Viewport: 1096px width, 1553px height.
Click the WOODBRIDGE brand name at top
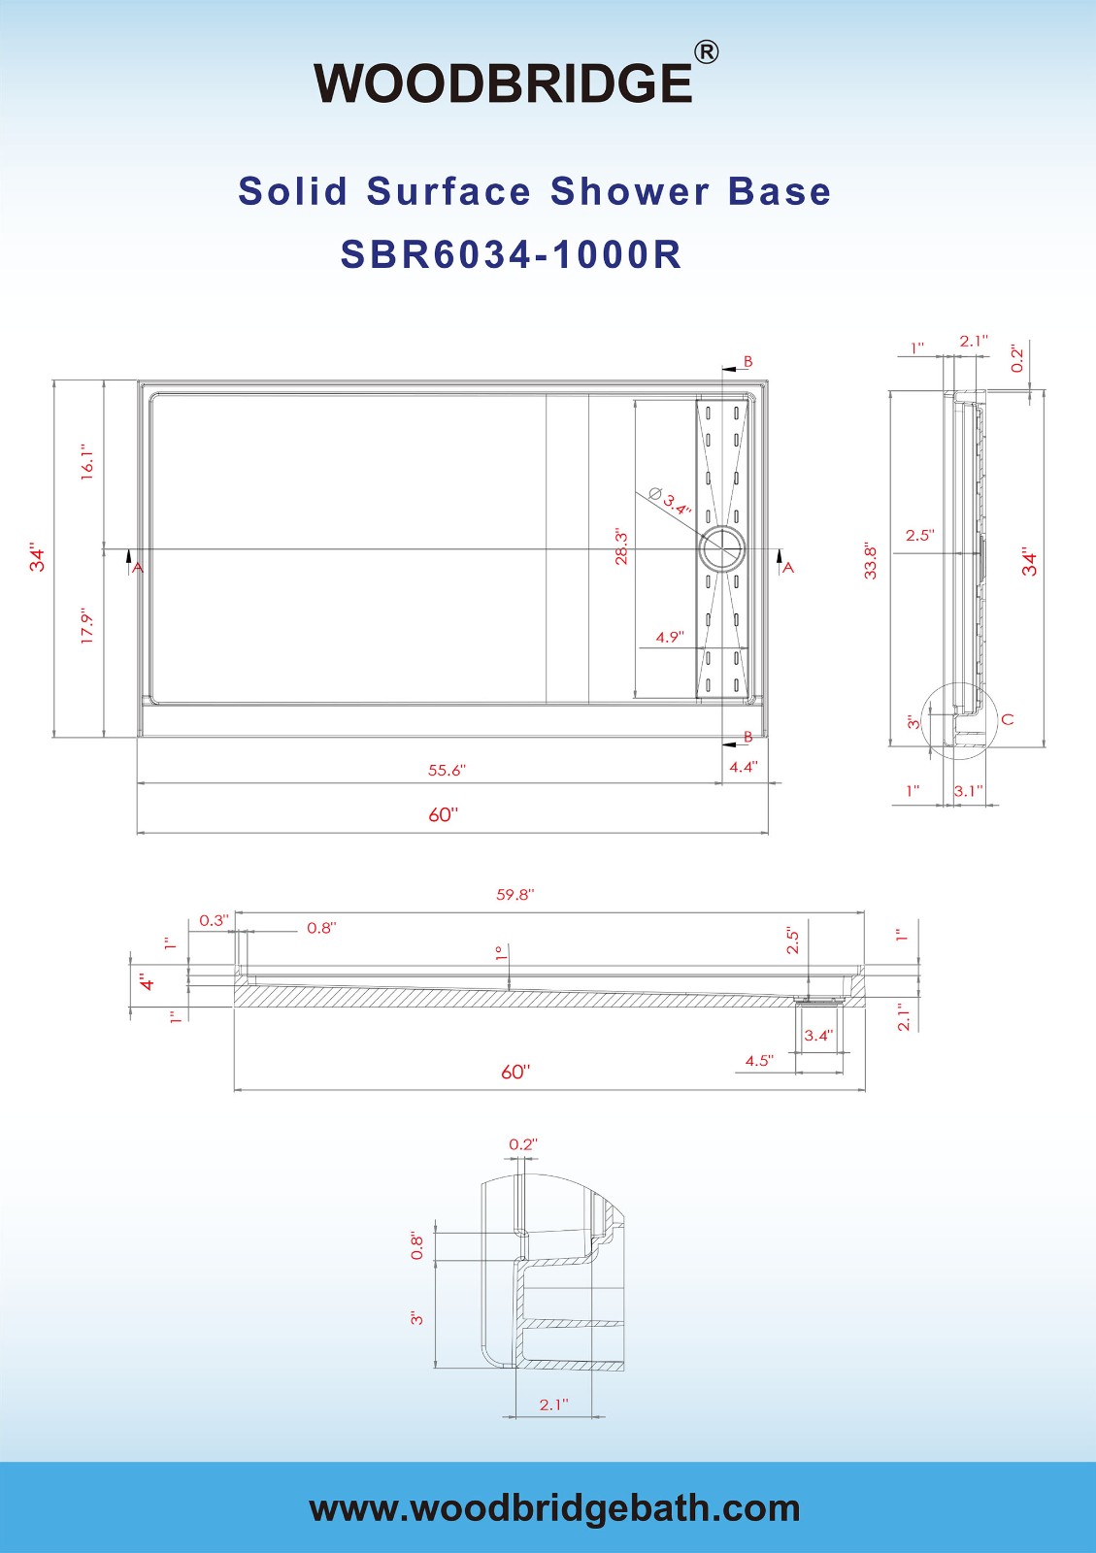tap(503, 83)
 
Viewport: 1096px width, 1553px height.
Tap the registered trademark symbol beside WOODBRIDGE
tap(707, 51)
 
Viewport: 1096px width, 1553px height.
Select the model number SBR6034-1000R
tap(511, 255)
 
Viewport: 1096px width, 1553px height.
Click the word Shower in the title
tap(629, 191)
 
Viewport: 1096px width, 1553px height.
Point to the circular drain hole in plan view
tap(722, 549)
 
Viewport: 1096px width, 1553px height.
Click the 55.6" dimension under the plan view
tap(447, 771)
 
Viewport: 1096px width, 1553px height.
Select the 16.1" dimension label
tap(87, 462)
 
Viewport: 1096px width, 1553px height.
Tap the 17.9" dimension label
tap(87, 626)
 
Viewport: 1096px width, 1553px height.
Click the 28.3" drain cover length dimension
tap(621, 547)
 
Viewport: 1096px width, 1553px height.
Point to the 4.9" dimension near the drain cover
tap(670, 638)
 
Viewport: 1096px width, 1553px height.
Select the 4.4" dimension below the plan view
tap(744, 767)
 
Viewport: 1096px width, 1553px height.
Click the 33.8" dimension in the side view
tap(871, 561)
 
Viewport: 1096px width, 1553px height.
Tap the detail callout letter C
tap(1008, 719)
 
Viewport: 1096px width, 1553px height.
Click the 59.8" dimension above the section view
tap(515, 895)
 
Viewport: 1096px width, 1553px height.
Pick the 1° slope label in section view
tap(499, 953)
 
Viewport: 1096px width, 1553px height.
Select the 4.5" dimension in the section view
tap(759, 1061)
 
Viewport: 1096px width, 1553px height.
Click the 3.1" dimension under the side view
tap(968, 791)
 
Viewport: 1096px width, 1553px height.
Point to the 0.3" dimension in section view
tap(214, 920)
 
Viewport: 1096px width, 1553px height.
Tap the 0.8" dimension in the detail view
tap(417, 1245)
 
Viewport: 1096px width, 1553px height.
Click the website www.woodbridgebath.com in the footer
tap(554, 1508)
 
